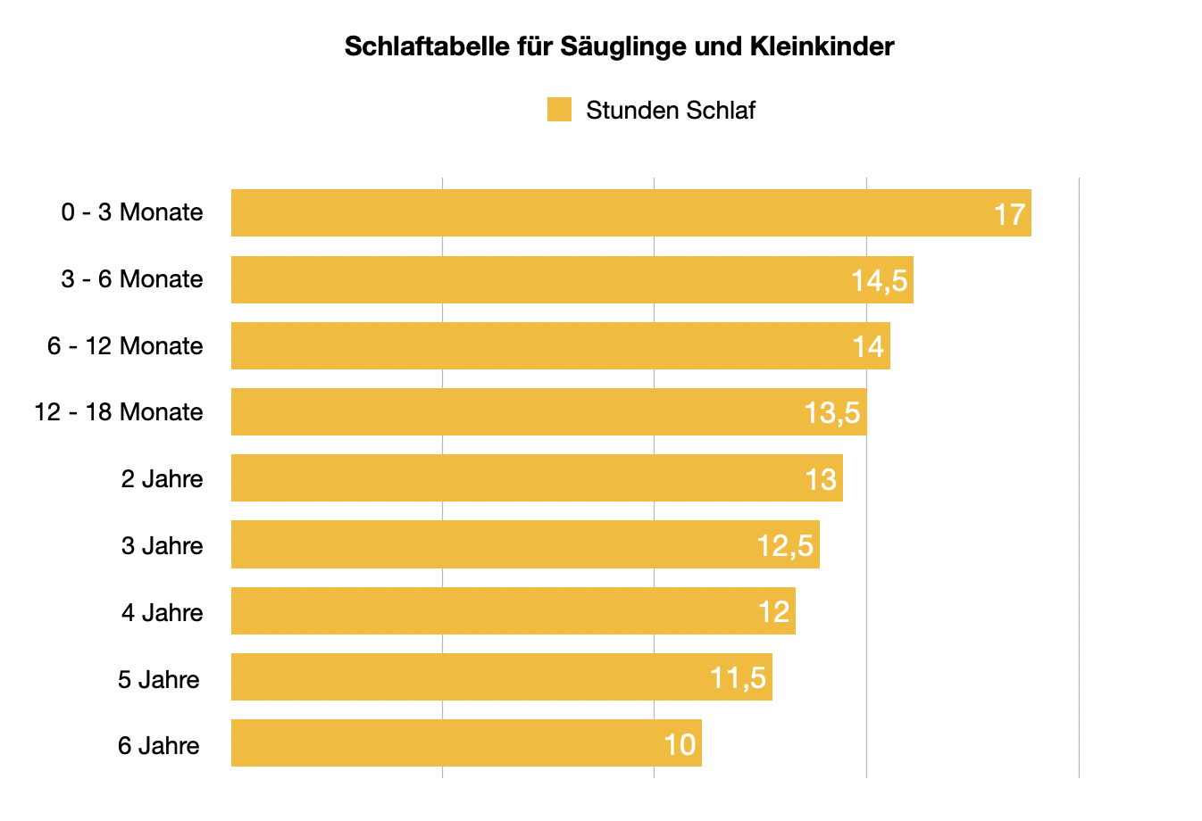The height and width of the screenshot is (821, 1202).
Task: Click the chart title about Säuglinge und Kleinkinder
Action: click(619, 46)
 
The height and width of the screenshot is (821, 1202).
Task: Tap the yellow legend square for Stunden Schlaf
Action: click(559, 110)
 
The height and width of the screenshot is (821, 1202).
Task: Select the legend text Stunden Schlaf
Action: click(670, 111)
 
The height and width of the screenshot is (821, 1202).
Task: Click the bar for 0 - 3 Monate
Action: click(607, 213)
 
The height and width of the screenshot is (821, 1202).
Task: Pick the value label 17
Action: click(1009, 214)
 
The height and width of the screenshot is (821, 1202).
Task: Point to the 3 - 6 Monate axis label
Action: click(132, 279)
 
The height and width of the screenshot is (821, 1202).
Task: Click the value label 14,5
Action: click(879, 281)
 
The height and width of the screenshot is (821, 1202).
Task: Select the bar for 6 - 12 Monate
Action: click(536, 346)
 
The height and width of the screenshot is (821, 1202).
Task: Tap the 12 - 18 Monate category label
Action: click(119, 412)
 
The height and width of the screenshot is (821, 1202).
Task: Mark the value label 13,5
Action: click(831, 413)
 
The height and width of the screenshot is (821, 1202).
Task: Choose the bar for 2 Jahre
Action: click(518, 478)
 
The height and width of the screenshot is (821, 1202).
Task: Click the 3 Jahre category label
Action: click(163, 545)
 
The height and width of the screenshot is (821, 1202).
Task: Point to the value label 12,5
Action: click(785, 545)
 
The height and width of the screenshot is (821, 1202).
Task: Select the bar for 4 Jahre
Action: click(491, 611)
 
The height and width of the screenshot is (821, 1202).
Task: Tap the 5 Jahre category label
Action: click(159, 679)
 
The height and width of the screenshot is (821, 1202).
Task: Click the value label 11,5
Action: click(738, 678)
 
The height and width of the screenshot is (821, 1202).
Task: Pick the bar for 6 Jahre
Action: click(447, 743)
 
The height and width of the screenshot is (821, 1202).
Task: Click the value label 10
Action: click(680, 744)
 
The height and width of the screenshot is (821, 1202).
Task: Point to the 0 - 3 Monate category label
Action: click(132, 212)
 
